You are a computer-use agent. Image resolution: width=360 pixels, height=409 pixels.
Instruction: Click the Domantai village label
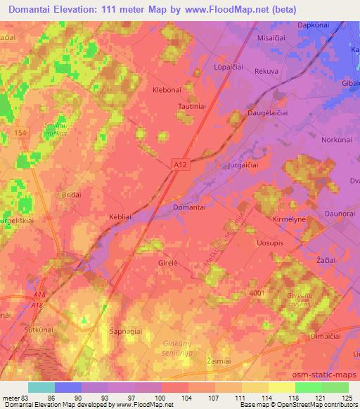click(189, 208)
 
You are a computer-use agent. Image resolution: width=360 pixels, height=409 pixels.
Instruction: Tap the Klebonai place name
click(167, 91)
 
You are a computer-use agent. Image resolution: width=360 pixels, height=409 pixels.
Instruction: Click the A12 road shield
click(181, 164)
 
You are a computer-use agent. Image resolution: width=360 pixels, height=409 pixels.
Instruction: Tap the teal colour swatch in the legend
click(41, 387)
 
